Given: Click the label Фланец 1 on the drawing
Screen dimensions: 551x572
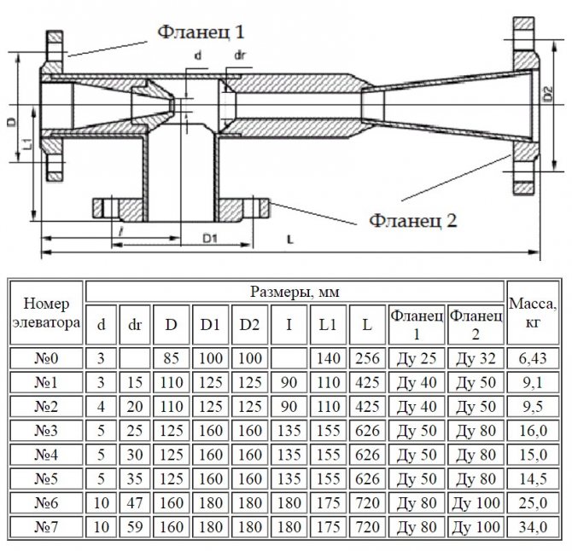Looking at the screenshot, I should (201, 32).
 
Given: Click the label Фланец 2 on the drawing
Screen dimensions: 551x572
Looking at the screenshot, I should (413, 219).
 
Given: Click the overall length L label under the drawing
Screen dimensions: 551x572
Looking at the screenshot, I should (291, 240).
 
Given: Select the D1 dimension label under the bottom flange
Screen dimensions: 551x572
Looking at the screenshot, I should (212, 235).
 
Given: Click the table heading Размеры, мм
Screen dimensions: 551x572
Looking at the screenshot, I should (295, 292).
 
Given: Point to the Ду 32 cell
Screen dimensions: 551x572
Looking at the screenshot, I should (476, 357).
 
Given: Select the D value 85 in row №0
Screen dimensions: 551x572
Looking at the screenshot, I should (172, 357).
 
